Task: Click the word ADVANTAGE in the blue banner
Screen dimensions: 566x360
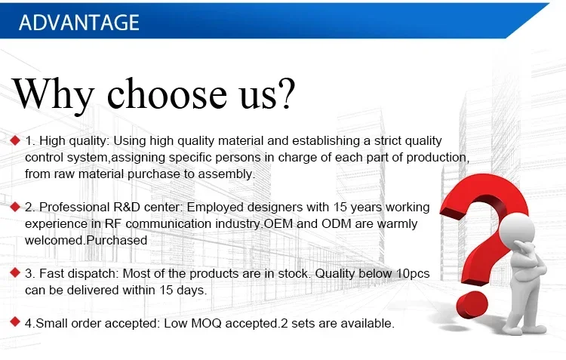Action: [x=79, y=23]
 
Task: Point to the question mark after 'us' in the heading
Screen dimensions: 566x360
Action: [x=285, y=93]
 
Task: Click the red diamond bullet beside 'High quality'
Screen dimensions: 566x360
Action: [x=15, y=140]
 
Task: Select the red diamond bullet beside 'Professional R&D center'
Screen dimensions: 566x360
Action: [x=15, y=207]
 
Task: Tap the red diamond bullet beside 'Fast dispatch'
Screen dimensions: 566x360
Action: [x=15, y=272]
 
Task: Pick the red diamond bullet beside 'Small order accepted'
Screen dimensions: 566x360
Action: [x=15, y=322]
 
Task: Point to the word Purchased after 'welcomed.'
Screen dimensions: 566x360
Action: [x=117, y=240]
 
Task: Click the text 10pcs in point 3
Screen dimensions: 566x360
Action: [x=413, y=274]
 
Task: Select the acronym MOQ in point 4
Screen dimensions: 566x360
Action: [x=206, y=323]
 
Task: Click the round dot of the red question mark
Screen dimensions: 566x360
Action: [x=472, y=305]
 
